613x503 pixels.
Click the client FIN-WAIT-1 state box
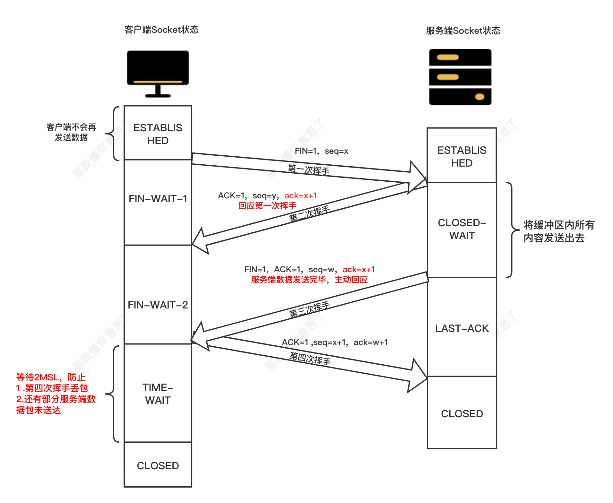(x=158, y=202)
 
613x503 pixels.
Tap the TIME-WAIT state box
(x=158, y=394)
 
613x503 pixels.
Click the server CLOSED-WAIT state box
(x=462, y=230)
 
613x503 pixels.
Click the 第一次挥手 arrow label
(x=308, y=169)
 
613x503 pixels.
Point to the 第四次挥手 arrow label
(x=310, y=358)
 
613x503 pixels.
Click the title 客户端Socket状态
(x=161, y=30)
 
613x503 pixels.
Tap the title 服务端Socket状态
(x=463, y=31)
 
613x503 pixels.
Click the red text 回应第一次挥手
(x=267, y=206)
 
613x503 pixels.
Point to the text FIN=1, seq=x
(x=322, y=151)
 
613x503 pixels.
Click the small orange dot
(x=479, y=97)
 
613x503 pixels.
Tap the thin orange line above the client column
(x=158, y=82)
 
